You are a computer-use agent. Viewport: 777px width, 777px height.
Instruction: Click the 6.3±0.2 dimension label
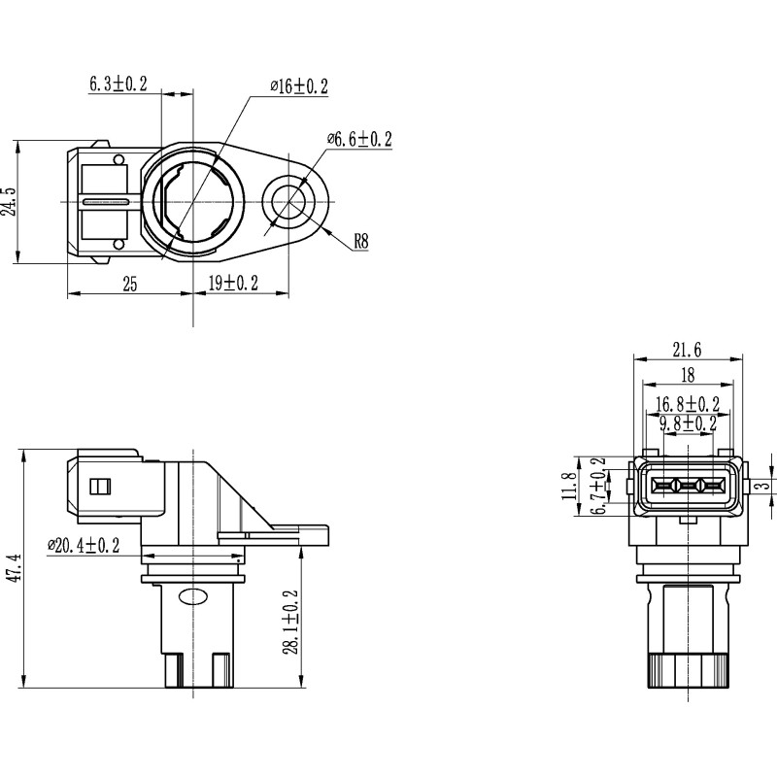[x=118, y=84]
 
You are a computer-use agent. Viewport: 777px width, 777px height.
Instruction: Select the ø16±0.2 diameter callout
[x=299, y=87]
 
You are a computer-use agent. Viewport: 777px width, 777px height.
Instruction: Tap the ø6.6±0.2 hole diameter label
[x=359, y=140]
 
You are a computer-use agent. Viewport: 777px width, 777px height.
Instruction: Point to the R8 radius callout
[x=360, y=242]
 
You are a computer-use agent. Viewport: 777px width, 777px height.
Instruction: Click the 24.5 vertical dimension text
[x=9, y=202]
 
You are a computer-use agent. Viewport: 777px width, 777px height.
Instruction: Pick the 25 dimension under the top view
[x=129, y=284]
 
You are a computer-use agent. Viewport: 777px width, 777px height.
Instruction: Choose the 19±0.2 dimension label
[x=233, y=284]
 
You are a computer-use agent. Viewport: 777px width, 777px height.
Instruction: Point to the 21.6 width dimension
[x=686, y=351]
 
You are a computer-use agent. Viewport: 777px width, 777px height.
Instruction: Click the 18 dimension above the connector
[x=687, y=376]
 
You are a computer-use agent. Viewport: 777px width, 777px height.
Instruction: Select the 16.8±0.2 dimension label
[x=687, y=403]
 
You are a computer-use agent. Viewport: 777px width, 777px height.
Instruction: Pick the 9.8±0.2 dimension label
[x=687, y=423]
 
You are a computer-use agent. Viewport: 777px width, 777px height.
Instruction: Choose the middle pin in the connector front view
[x=686, y=486]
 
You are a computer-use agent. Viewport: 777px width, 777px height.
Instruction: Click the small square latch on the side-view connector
[x=98, y=486]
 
